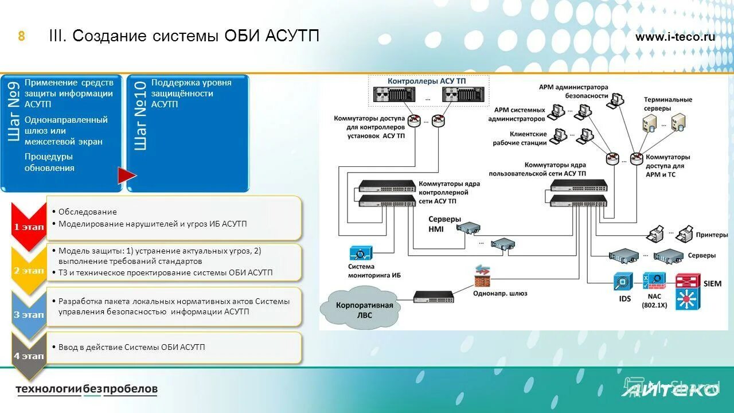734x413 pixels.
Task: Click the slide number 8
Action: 21,37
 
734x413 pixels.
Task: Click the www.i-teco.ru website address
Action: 675,37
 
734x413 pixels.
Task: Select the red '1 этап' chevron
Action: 29,226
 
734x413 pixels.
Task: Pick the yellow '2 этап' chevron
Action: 29,270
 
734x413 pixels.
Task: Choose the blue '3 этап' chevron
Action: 29,314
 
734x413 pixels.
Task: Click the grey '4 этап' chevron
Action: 29,356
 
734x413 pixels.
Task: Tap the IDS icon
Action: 623,282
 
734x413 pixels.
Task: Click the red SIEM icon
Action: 688,291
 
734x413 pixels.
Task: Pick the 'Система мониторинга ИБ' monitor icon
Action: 361,253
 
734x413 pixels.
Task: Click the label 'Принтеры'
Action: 712,235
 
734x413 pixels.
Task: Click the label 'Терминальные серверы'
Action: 667,104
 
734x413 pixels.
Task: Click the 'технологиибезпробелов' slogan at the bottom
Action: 86,389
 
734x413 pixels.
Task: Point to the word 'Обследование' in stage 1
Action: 87,212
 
